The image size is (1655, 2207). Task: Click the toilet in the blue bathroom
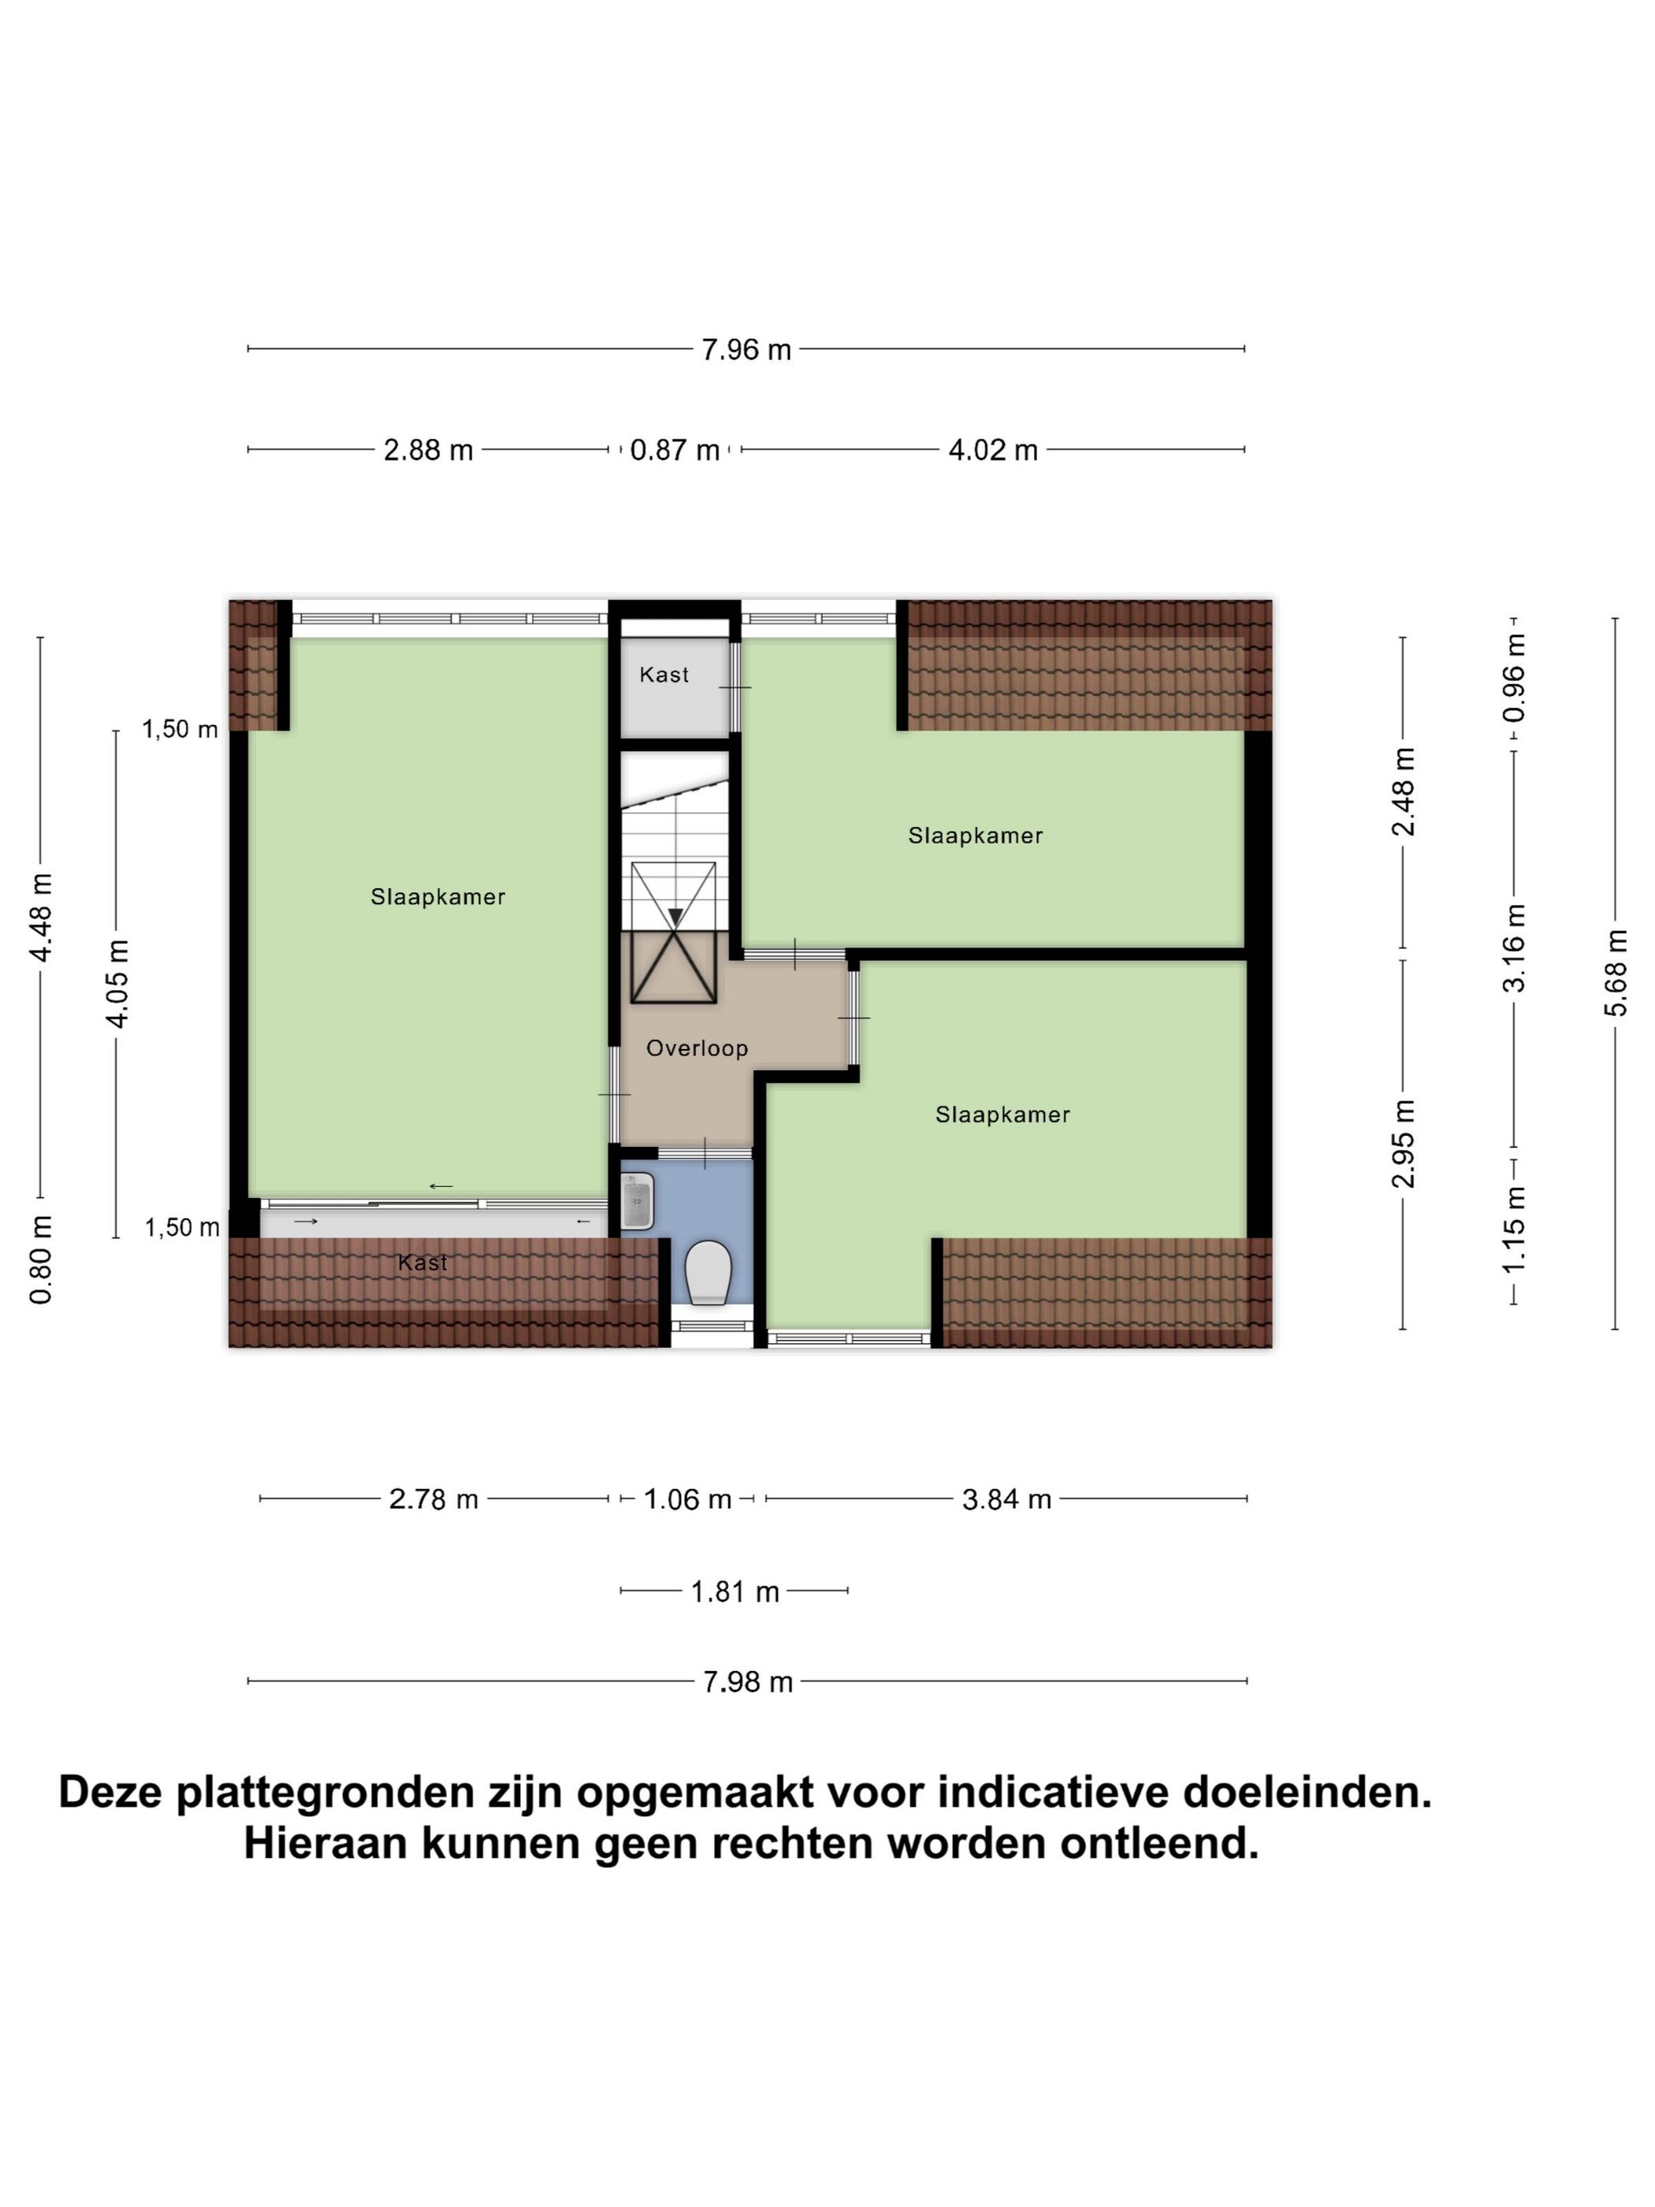pos(708,1272)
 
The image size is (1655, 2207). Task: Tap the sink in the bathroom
pos(637,1201)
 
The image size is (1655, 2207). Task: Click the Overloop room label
pos(697,1048)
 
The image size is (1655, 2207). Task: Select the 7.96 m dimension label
pos(746,349)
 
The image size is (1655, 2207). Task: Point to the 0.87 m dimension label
pos(675,450)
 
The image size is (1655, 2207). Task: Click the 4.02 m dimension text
pos(992,450)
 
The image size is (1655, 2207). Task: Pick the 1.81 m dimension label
pos(735,1591)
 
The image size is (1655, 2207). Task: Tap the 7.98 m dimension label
pos(747,1682)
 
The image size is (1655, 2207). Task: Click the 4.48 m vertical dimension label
pos(41,917)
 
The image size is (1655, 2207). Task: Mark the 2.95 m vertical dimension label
pos(1403,1144)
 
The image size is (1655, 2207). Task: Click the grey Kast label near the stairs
pos(664,675)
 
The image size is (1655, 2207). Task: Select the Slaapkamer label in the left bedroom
pos(438,897)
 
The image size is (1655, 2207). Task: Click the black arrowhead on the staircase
pos(676,917)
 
